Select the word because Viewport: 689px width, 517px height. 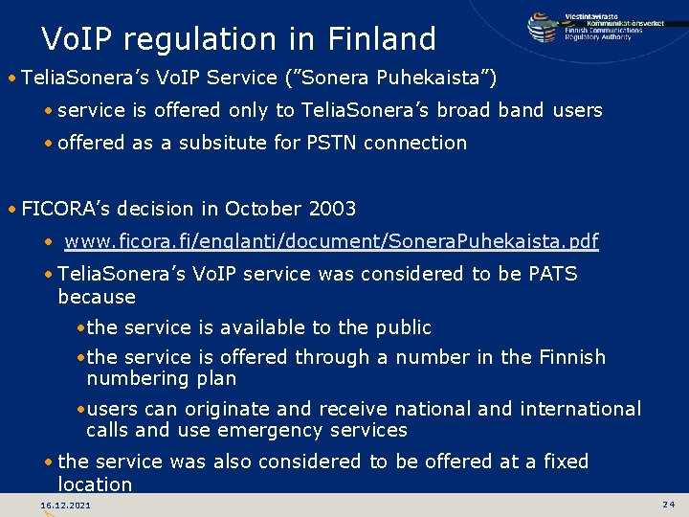[x=97, y=297]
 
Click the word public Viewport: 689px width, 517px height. [x=403, y=327]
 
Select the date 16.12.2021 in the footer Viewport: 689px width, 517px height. [x=66, y=505]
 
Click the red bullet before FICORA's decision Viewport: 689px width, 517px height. [x=10, y=210]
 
